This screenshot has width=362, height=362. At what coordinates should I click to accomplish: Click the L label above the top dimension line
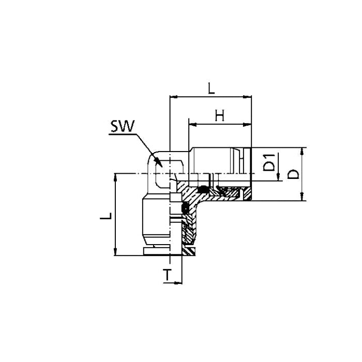[211, 88]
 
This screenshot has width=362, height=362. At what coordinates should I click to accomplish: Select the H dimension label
[220, 115]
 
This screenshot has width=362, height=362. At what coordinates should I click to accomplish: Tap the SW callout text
[123, 126]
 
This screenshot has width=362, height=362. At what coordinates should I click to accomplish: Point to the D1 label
[269, 162]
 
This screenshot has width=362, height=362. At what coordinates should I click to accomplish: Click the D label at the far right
[293, 174]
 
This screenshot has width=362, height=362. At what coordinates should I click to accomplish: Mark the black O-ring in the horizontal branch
[203, 189]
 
